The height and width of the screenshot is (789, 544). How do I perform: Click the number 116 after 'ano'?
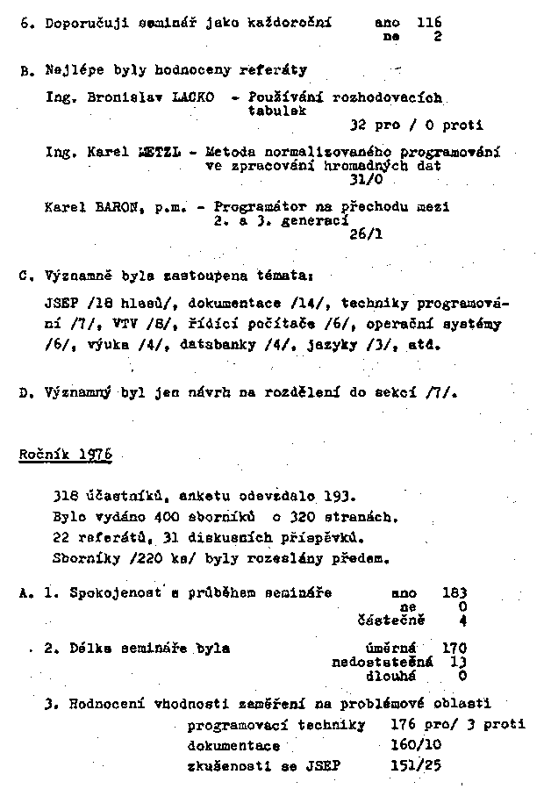pos(429,22)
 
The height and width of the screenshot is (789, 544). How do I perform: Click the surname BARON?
pos(111,207)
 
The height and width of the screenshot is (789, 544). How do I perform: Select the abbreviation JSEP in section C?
pos(61,304)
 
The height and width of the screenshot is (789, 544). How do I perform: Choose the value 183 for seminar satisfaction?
pos(454,592)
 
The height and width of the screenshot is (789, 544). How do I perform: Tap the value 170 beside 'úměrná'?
pos(454,649)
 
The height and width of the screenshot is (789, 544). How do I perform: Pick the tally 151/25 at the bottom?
pos(416,765)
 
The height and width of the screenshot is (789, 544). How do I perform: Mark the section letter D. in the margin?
pos(25,392)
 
